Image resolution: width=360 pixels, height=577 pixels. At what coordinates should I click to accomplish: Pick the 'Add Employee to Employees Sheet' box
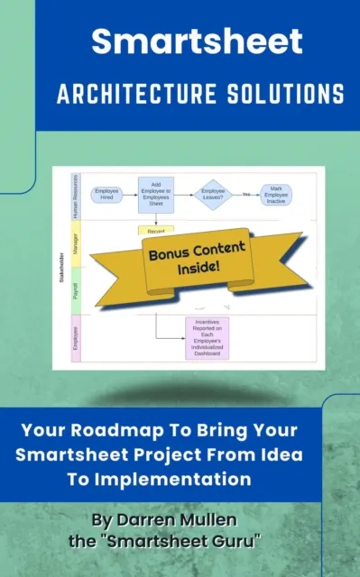click(155, 194)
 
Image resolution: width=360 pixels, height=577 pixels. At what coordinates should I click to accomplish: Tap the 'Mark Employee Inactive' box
click(276, 194)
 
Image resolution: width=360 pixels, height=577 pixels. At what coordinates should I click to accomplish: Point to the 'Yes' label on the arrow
click(245, 194)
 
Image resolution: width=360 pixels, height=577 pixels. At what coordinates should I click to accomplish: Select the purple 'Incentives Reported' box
click(207, 338)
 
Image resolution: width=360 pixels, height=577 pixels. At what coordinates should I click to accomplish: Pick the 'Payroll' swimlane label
click(76, 289)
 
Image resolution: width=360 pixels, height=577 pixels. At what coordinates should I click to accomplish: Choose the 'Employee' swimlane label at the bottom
click(76, 338)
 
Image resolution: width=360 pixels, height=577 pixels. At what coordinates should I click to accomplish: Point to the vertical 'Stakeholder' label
click(60, 268)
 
